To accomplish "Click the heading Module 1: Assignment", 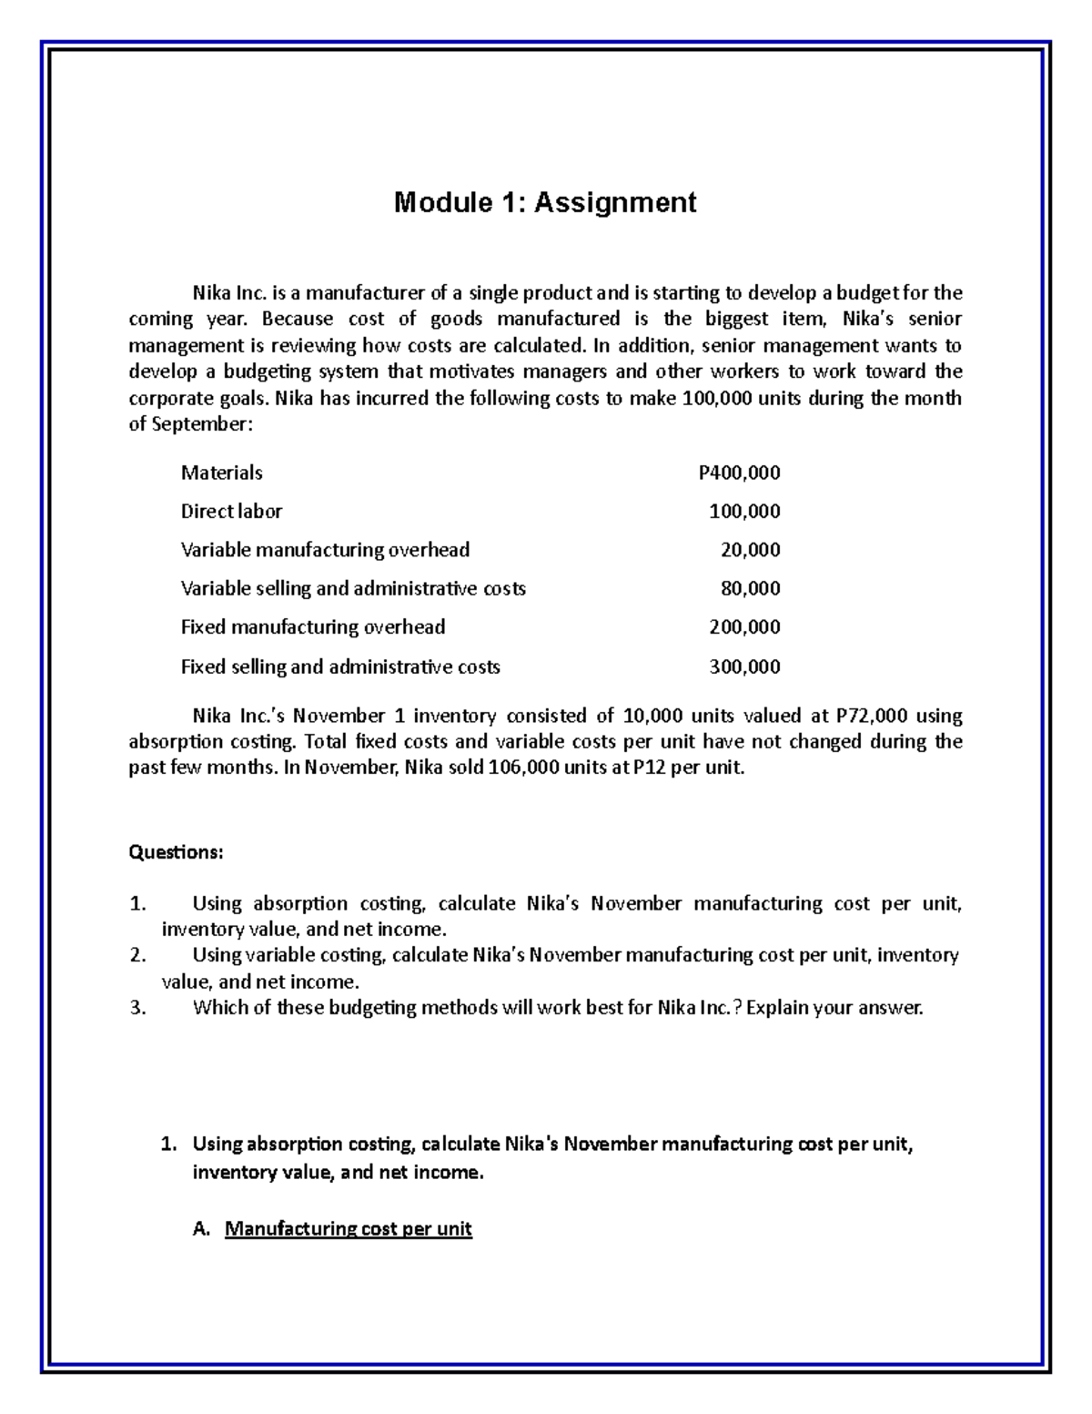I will pyautogui.click(x=545, y=202).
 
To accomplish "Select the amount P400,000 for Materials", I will pyautogui.click(x=739, y=473).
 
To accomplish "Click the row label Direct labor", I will pyautogui.click(x=231, y=512).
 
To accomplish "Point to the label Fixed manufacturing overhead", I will pyautogui.click(x=313, y=627).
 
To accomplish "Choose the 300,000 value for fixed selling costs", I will pyautogui.click(x=744, y=666).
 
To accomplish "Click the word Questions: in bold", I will pyautogui.click(x=176, y=852).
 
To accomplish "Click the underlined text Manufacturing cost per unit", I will pyautogui.click(x=349, y=1229).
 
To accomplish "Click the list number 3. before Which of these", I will pyautogui.click(x=137, y=1008).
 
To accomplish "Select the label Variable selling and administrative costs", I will pyautogui.click(x=353, y=589).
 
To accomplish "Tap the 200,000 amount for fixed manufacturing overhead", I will pyautogui.click(x=744, y=627).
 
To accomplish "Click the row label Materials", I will pyautogui.click(x=221, y=473).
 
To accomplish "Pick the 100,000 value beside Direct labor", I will pyautogui.click(x=744, y=512).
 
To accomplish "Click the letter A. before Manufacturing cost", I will pyautogui.click(x=202, y=1229).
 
